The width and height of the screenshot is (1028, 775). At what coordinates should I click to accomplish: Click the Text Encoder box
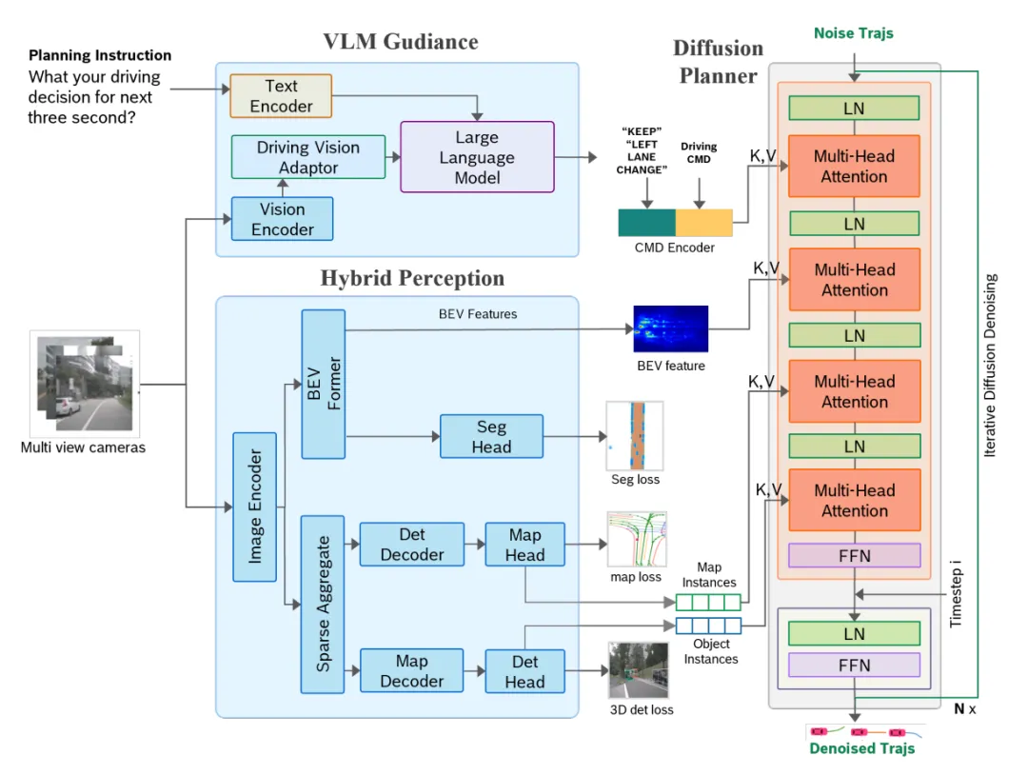click(281, 96)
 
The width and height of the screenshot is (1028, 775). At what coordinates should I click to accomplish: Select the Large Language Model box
click(477, 157)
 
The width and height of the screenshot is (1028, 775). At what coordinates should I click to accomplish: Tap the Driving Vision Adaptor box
click(308, 157)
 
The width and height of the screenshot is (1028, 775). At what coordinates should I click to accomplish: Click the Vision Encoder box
click(282, 219)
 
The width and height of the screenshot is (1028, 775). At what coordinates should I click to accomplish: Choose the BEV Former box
click(323, 383)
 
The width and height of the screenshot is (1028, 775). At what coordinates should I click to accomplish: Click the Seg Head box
click(491, 437)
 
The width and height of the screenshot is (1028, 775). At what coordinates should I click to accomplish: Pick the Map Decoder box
click(411, 671)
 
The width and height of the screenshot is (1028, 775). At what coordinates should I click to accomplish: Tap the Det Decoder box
click(411, 545)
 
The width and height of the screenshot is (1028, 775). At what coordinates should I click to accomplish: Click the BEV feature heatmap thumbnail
click(671, 329)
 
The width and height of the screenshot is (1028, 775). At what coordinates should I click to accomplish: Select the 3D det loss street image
click(638, 670)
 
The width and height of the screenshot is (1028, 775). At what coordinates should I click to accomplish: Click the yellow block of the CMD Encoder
click(704, 223)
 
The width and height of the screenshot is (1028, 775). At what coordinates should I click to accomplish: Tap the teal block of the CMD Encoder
click(647, 223)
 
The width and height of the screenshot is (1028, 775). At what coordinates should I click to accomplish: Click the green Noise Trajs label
click(853, 33)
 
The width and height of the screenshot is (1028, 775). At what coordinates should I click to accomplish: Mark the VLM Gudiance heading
click(400, 42)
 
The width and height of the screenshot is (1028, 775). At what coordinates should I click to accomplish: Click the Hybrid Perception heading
click(412, 279)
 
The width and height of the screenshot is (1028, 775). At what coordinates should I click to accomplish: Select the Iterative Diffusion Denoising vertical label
click(991, 366)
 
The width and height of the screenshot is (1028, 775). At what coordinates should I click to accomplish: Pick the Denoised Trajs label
click(861, 748)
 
